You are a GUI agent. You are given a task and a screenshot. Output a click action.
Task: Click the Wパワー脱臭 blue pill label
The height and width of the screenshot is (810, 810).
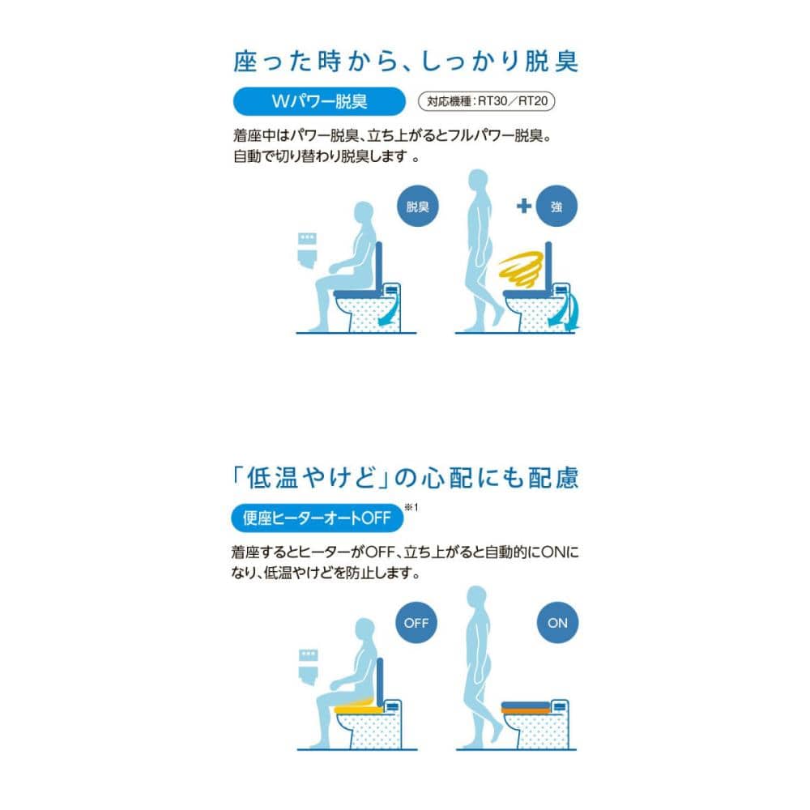(319, 101)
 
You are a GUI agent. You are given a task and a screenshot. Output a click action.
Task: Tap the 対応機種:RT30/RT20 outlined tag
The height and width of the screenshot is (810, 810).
(486, 101)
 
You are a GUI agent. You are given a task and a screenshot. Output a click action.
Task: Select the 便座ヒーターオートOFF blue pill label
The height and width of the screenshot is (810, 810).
(317, 518)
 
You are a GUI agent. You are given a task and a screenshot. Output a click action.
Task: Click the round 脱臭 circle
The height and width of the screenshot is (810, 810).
(417, 206)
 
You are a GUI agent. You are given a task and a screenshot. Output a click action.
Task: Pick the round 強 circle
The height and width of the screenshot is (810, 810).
(556, 206)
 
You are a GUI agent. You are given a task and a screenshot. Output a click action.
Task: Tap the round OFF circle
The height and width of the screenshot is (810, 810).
(416, 622)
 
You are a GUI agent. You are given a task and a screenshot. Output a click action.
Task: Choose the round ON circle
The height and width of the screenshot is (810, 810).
(557, 622)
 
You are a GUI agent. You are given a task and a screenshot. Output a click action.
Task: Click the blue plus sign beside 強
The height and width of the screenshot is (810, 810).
(524, 206)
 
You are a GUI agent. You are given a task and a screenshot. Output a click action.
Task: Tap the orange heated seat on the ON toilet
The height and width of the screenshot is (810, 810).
(525, 711)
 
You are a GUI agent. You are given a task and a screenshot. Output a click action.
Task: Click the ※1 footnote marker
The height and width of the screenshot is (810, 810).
(411, 507)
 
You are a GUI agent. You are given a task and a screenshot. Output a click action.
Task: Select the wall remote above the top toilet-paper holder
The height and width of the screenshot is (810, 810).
(307, 239)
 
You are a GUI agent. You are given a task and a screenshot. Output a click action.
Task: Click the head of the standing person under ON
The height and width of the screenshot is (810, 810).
(476, 597)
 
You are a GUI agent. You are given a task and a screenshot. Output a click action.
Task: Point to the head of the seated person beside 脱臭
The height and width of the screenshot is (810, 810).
(364, 211)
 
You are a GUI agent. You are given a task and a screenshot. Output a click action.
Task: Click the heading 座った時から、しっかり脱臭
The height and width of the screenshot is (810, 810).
(406, 62)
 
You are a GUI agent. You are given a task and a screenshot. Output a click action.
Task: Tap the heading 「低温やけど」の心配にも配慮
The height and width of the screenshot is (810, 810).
(406, 478)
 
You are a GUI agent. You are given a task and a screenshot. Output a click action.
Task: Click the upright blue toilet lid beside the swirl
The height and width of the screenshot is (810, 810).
(548, 266)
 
